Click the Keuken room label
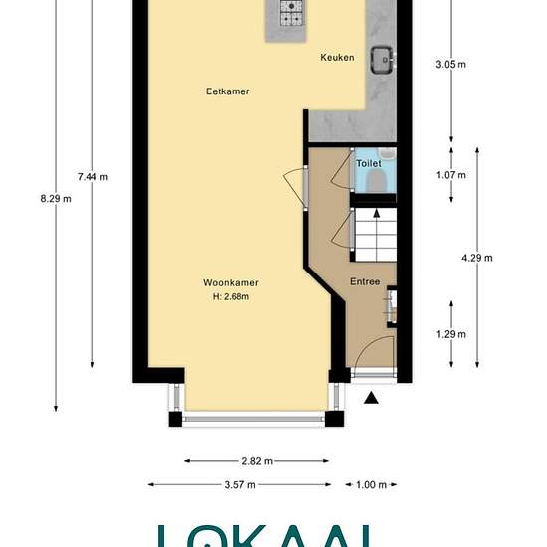[x=337, y=58]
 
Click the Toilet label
[x=369, y=163]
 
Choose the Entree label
[x=365, y=281]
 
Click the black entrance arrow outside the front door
[x=371, y=399]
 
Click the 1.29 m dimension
[x=452, y=334]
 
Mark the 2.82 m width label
[x=258, y=461]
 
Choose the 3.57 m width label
[x=240, y=484]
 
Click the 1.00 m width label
[x=371, y=484]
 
